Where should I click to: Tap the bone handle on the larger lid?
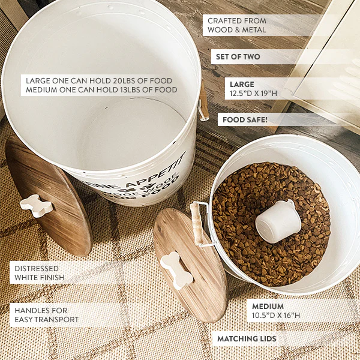tap(36, 205)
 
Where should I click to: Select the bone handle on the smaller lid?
tap(176, 270)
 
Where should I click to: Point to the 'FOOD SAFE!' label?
tap(245, 120)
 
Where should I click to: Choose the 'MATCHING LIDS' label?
tap(247, 339)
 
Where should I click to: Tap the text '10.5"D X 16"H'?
tap(276, 316)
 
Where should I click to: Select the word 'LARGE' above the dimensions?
tap(242, 85)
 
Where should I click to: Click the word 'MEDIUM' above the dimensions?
tap(268, 306)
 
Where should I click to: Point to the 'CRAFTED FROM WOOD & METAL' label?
tap(236, 25)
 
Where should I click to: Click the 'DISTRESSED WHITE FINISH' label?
tap(40, 273)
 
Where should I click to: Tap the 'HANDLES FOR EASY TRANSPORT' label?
tap(47, 315)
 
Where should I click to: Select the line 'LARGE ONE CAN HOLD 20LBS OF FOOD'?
tap(99, 80)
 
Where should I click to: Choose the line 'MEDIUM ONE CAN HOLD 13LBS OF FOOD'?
tap(101, 90)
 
